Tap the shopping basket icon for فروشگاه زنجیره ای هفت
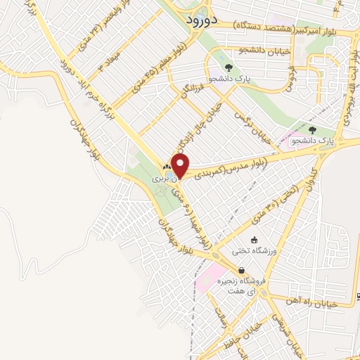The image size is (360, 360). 242,270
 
